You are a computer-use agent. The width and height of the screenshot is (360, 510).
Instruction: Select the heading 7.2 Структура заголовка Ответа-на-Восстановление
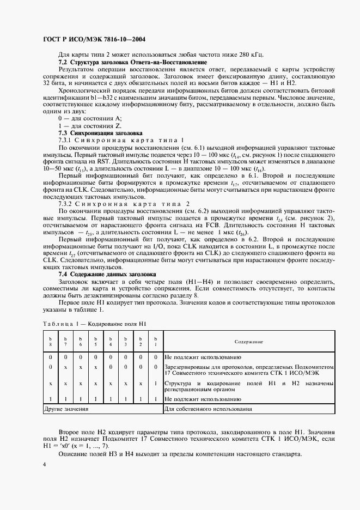tap(132, 62)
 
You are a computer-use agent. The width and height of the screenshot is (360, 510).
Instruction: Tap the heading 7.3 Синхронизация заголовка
tap(100, 133)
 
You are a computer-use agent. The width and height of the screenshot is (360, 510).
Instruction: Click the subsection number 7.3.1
tap(66, 140)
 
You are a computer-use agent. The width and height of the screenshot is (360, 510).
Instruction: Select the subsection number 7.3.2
tap(66, 204)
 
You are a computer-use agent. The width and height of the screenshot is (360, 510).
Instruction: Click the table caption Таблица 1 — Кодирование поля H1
tap(94, 324)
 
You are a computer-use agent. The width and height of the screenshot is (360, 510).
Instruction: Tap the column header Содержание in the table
tap(249, 342)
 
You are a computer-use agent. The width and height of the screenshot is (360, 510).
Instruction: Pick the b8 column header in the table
tap(50, 342)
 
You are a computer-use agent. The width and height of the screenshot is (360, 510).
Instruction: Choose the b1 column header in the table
tap(156, 342)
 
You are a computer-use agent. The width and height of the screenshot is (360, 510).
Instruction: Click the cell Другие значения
tap(66, 408)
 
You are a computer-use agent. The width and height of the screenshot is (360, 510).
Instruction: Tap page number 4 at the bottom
tap(44, 464)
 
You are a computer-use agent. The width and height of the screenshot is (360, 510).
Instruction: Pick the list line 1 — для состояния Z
tap(90, 126)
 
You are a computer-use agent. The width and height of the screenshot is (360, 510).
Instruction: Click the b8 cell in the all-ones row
tap(50, 399)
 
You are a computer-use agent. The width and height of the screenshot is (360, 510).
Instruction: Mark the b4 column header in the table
tap(111, 342)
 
